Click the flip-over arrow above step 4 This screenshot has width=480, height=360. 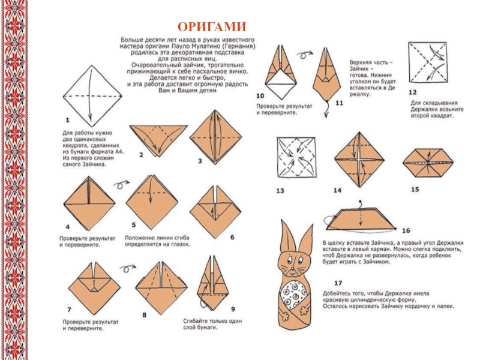(x=122, y=183)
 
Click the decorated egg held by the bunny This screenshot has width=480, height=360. (x=298, y=295)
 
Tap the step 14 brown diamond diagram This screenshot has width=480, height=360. (x=358, y=159)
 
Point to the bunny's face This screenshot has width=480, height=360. (x=295, y=262)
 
